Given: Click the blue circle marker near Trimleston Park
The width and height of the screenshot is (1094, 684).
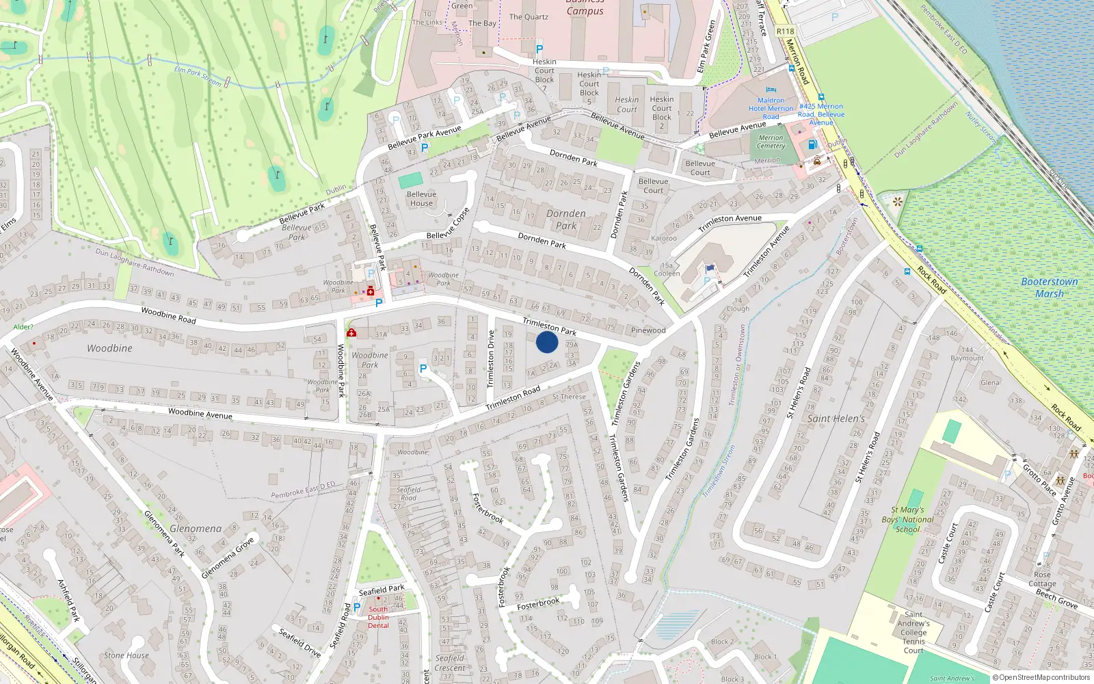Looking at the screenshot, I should pos(547,342).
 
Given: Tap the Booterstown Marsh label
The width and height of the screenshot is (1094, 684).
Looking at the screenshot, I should pos(1049,287).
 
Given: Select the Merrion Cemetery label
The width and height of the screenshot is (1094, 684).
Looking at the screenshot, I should pos(771,142).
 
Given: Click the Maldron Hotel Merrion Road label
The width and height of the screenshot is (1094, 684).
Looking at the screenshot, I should pos(771,108).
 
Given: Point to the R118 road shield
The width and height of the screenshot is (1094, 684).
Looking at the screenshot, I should pos(785,31).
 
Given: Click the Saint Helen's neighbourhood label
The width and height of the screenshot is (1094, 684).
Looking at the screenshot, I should pos(836,419).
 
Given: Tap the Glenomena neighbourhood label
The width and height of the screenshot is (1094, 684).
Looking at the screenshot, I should pos(196,529).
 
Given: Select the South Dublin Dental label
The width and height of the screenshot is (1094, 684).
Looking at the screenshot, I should pos(378,617).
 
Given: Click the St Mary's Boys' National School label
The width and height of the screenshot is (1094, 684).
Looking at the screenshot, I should pos(907,519).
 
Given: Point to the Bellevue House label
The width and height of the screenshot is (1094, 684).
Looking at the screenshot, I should pos(421,198).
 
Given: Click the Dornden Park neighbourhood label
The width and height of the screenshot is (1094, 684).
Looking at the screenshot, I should pos(566,220).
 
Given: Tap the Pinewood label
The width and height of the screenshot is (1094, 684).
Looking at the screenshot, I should pos(648,330).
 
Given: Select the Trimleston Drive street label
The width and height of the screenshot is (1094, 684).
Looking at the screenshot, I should pos(490,359).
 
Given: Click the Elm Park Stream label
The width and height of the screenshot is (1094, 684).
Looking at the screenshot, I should pos(198,76).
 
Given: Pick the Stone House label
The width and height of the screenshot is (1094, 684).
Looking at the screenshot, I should pos(126,655).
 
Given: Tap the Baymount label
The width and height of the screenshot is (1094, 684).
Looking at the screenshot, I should pos(967,358).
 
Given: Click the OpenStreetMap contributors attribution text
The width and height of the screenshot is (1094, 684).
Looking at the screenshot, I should pos(1040,677).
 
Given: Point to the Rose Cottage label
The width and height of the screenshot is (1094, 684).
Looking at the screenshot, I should pos(1042,579).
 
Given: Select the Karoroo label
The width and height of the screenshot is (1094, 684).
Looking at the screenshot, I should pos(664,239).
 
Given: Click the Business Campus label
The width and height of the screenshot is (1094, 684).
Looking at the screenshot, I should pos(585,8).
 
